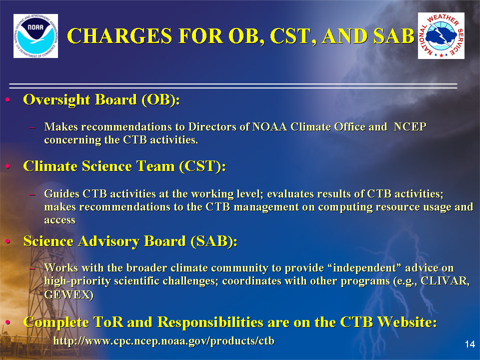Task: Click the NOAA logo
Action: (x=36, y=36)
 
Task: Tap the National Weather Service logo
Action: (x=441, y=36)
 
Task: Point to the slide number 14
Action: (x=470, y=344)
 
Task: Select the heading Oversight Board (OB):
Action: (x=101, y=100)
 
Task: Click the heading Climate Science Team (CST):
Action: (x=124, y=166)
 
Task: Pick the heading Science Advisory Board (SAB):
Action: (x=130, y=241)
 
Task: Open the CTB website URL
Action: (x=164, y=341)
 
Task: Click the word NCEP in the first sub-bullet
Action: (x=410, y=126)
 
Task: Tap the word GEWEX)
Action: (x=69, y=294)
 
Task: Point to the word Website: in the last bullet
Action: (x=407, y=322)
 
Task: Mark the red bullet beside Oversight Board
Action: (x=8, y=100)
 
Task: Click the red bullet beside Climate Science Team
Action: (x=8, y=166)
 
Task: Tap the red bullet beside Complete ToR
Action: (x=8, y=322)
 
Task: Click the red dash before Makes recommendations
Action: (x=32, y=127)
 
